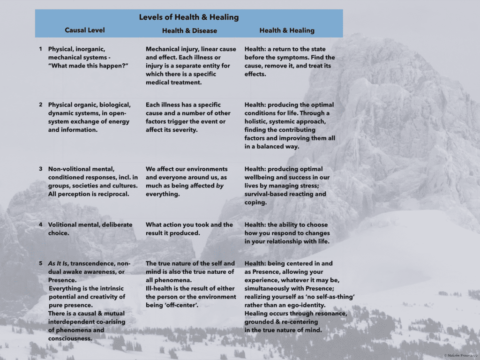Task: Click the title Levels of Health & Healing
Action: tap(189, 17)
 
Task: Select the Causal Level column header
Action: tap(85, 30)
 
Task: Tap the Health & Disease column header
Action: tap(189, 30)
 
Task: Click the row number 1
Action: tap(41, 49)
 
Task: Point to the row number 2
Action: tap(41, 105)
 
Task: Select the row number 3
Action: tap(41, 169)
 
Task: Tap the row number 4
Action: tap(41, 225)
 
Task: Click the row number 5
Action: tap(41, 263)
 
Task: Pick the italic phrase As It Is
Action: tap(58, 263)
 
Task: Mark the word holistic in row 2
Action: tap(258, 121)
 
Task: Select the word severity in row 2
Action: tap(183, 130)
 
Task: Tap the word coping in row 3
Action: tap(255, 202)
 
